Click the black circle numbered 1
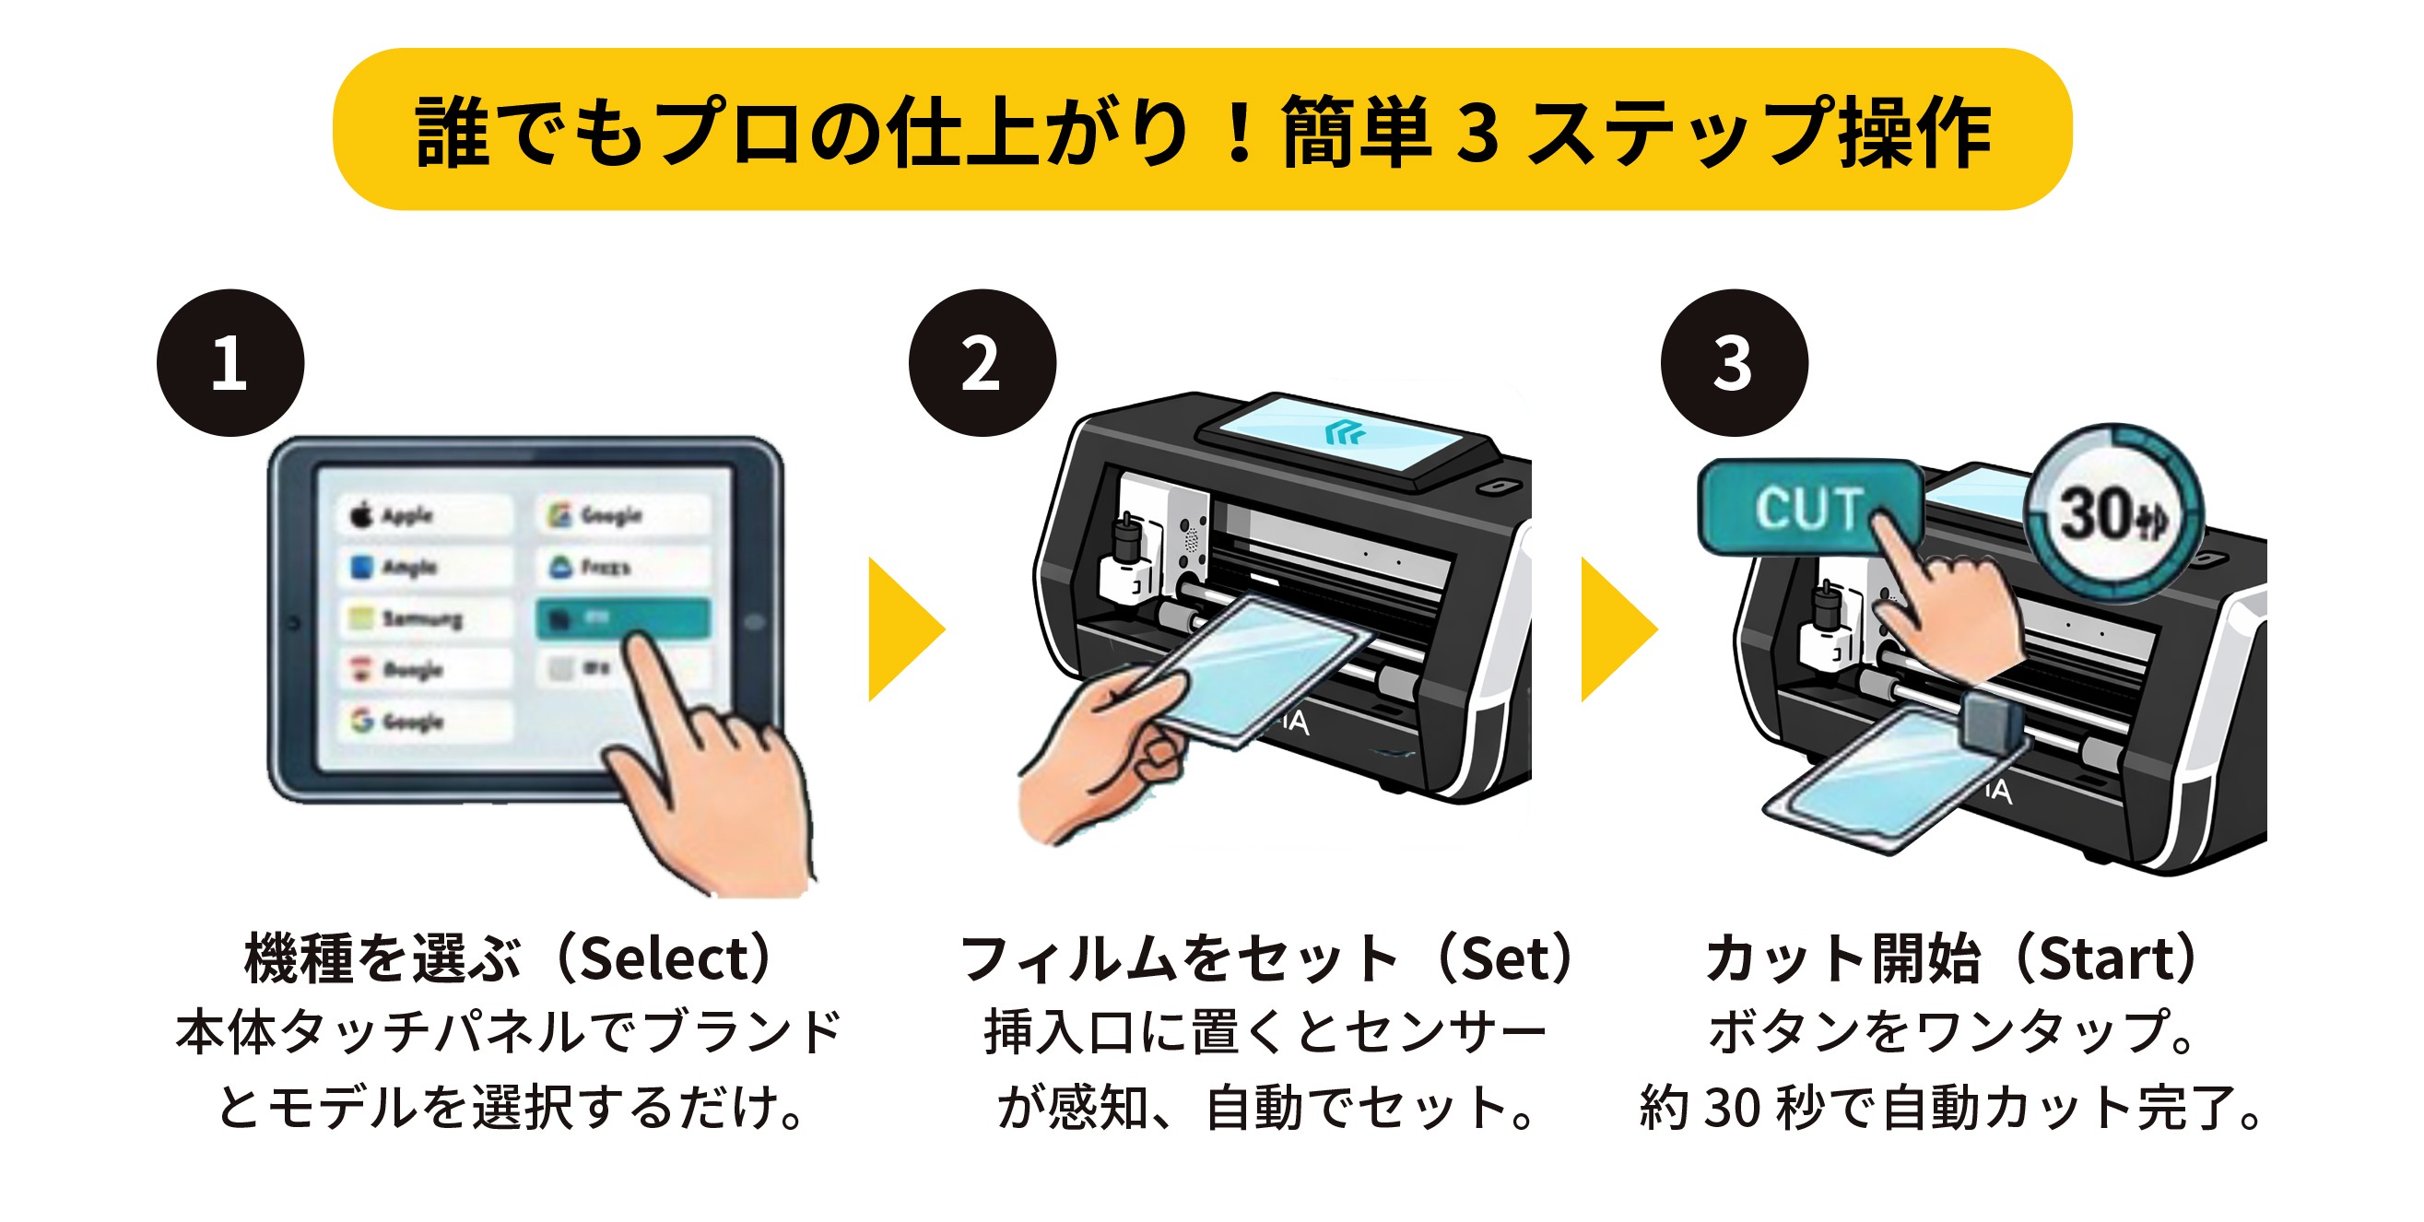point(230,363)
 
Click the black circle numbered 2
point(982,363)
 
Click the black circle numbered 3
point(1734,363)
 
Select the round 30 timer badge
point(2112,513)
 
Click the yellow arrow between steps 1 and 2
point(901,629)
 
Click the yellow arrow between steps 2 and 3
point(1614,629)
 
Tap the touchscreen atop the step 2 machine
point(1346,435)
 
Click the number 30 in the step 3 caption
point(1733,1107)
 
